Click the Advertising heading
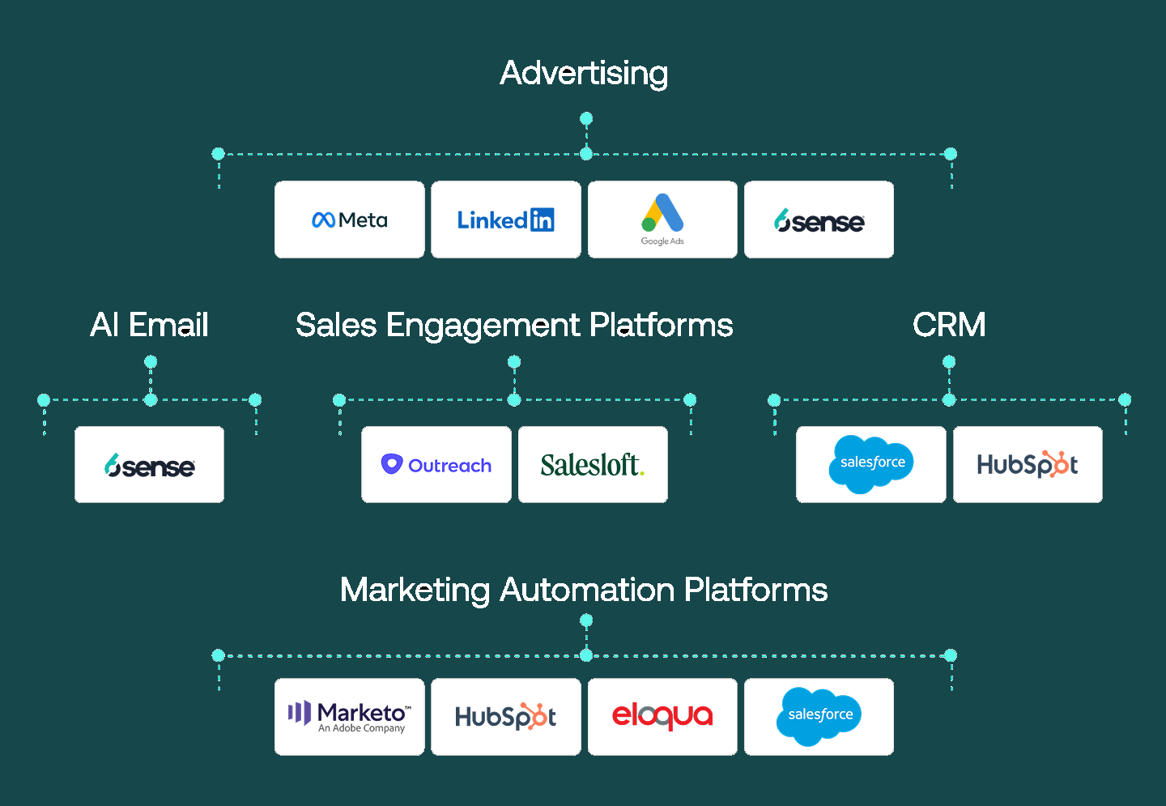pyautogui.click(x=584, y=73)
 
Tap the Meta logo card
pyautogui.click(x=349, y=220)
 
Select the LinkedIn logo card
pyautogui.click(x=506, y=220)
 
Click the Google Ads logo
pyautogui.click(x=662, y=220)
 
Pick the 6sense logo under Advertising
pyautogui.click(x=819, y=221)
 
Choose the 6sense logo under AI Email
pyautogui.click(x=149, y=466)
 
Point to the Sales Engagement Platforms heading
pyautogui.click(x=514, y=326)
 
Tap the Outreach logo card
pyautogui.click(x=436, y=464)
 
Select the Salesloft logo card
pyautogui.click(x=593, y=464)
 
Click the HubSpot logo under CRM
pyautogui.click(x=1028, y=464)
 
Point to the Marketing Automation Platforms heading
pyautogui.click(x=584, y=590)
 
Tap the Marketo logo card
pyautogui.click(x=349, y=716)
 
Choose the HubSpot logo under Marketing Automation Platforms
pyautogui.click(x=506, y=716)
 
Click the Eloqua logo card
pyautogui.click(x=662, y=716)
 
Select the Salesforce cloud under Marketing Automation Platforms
pyautogui.click(x=819, y=716)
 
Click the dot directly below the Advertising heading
pyautogui.click(x=586, y=118)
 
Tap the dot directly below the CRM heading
pyautogui.click(x=949, y=361)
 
